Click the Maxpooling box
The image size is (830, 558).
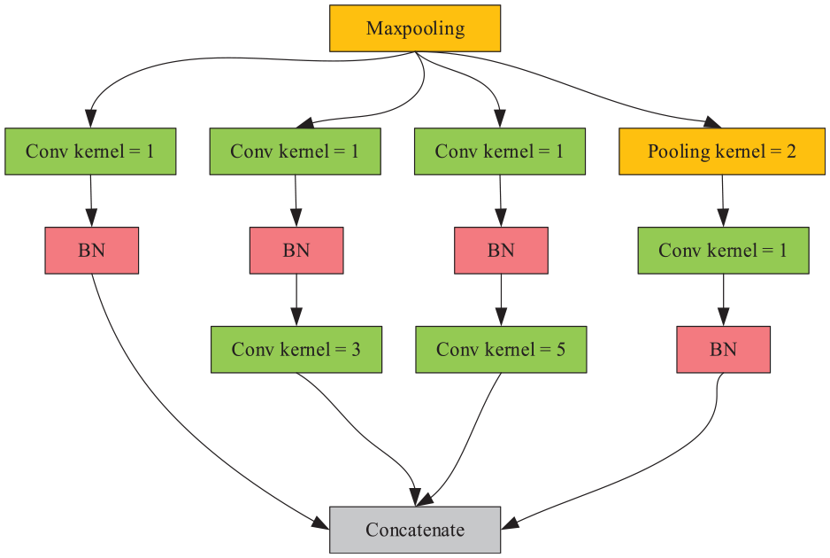coord(415,28)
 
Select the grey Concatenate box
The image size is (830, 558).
coord(415,530)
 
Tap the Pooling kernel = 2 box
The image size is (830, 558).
coord(722,151)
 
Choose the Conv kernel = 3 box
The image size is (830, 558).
coord(296,350)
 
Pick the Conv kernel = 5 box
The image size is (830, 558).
coord(502,350)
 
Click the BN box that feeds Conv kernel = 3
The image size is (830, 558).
coord(296,251)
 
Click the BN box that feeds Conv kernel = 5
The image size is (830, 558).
coord(502,251)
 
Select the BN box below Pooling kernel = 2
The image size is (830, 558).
coord(724,350)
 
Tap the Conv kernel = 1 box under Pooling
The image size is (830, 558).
coord(724,251)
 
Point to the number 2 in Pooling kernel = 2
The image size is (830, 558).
coord(791,152)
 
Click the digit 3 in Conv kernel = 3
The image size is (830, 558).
coord(356,350)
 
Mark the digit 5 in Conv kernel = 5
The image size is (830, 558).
coord(561,350)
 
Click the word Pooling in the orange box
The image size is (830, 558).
coord(679,152)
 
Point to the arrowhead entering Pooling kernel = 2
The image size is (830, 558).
coord(712,122)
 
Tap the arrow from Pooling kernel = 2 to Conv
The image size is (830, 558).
coord(723,201)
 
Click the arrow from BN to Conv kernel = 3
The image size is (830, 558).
coord(296,300)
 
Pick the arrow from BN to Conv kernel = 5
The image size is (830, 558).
coord(502,300)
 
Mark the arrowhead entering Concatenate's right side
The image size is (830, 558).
coord(509,523)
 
